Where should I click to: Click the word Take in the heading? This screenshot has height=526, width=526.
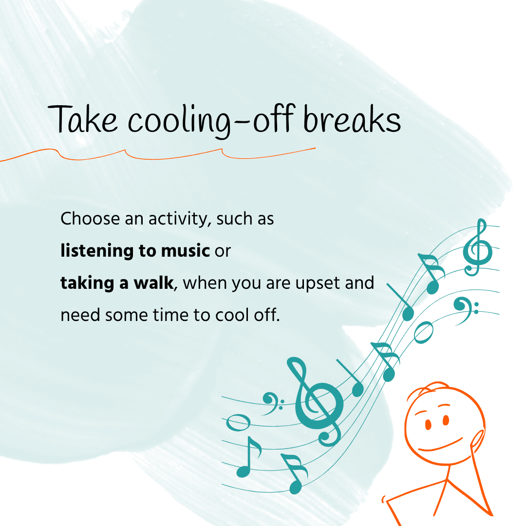coord(82,119)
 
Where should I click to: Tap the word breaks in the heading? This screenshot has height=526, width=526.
coord(352,119)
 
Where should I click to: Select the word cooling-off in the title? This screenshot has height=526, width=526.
coord(211,121)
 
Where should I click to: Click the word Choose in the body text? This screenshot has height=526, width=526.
coord(90,218)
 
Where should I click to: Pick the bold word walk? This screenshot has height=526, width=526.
coord(153,282)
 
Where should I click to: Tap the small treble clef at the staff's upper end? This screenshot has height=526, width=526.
coord(478,247)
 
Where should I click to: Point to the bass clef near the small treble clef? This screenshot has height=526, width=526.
coord(465,310)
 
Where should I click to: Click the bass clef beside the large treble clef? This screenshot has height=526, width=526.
coord(272,404)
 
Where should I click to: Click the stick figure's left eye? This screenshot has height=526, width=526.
coord(428,424)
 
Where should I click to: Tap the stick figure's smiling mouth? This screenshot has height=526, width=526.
coord(440,446)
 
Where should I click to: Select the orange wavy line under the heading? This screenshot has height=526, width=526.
coord(158,154)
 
